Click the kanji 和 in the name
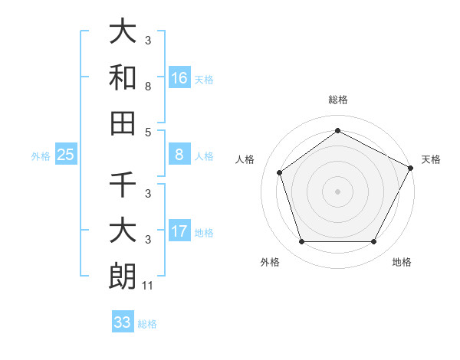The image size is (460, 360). (123, 77)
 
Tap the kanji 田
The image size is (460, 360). (123, 123)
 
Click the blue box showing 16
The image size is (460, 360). (179, 78)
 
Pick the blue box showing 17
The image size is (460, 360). (179, 232)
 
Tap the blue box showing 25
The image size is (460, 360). (66, 155)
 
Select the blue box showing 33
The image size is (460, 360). (123, 322)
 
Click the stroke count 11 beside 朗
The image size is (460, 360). (149, 286)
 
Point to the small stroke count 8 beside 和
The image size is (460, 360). (148, 87)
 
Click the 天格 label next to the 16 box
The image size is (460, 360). (204, 79)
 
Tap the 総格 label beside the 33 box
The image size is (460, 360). (147, 323)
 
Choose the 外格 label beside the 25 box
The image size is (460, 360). (41, 156)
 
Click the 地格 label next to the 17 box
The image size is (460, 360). (204, 233)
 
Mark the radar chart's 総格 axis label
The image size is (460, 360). (337, 100)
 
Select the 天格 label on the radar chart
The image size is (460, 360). (431, 159)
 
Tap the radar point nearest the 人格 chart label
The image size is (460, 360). (280, 172)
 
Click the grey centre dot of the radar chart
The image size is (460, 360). (337, 191)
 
